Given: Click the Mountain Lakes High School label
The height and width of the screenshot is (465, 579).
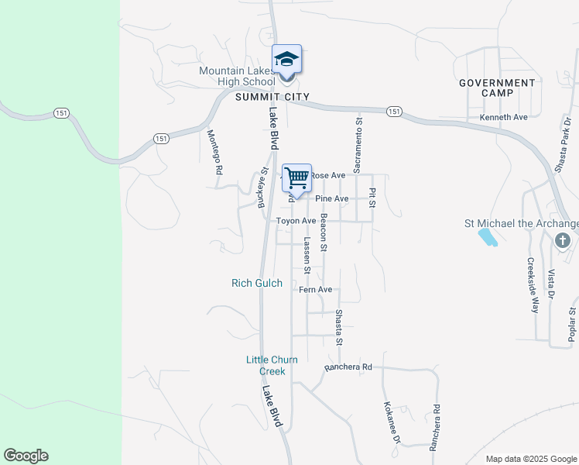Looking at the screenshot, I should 237,76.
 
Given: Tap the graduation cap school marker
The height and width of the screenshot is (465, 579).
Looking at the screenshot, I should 286,59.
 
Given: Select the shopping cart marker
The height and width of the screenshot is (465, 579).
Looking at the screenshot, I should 297,178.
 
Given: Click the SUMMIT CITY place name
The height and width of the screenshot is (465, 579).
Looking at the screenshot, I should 272,97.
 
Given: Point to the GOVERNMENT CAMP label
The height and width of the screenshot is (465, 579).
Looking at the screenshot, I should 497,88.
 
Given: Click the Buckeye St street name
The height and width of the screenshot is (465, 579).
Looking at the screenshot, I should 262,188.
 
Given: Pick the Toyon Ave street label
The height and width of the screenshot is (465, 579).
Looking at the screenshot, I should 296,221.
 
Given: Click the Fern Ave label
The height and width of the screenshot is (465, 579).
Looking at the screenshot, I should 315,290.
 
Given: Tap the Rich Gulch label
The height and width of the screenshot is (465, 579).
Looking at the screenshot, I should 257,284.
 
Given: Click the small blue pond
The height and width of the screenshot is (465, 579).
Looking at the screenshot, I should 488,237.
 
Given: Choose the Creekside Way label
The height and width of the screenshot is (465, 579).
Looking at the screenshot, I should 533,285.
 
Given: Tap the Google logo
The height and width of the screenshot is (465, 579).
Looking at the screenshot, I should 26,456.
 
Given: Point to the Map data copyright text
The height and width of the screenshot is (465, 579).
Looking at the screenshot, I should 531,459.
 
